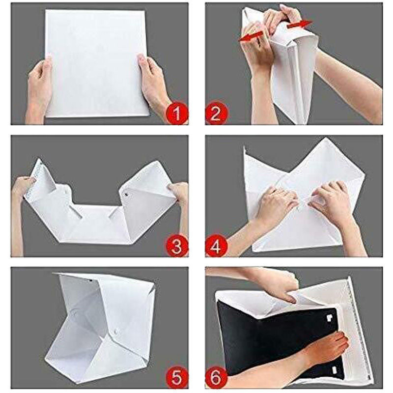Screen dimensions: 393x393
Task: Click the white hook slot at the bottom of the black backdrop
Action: tap(335, 369)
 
